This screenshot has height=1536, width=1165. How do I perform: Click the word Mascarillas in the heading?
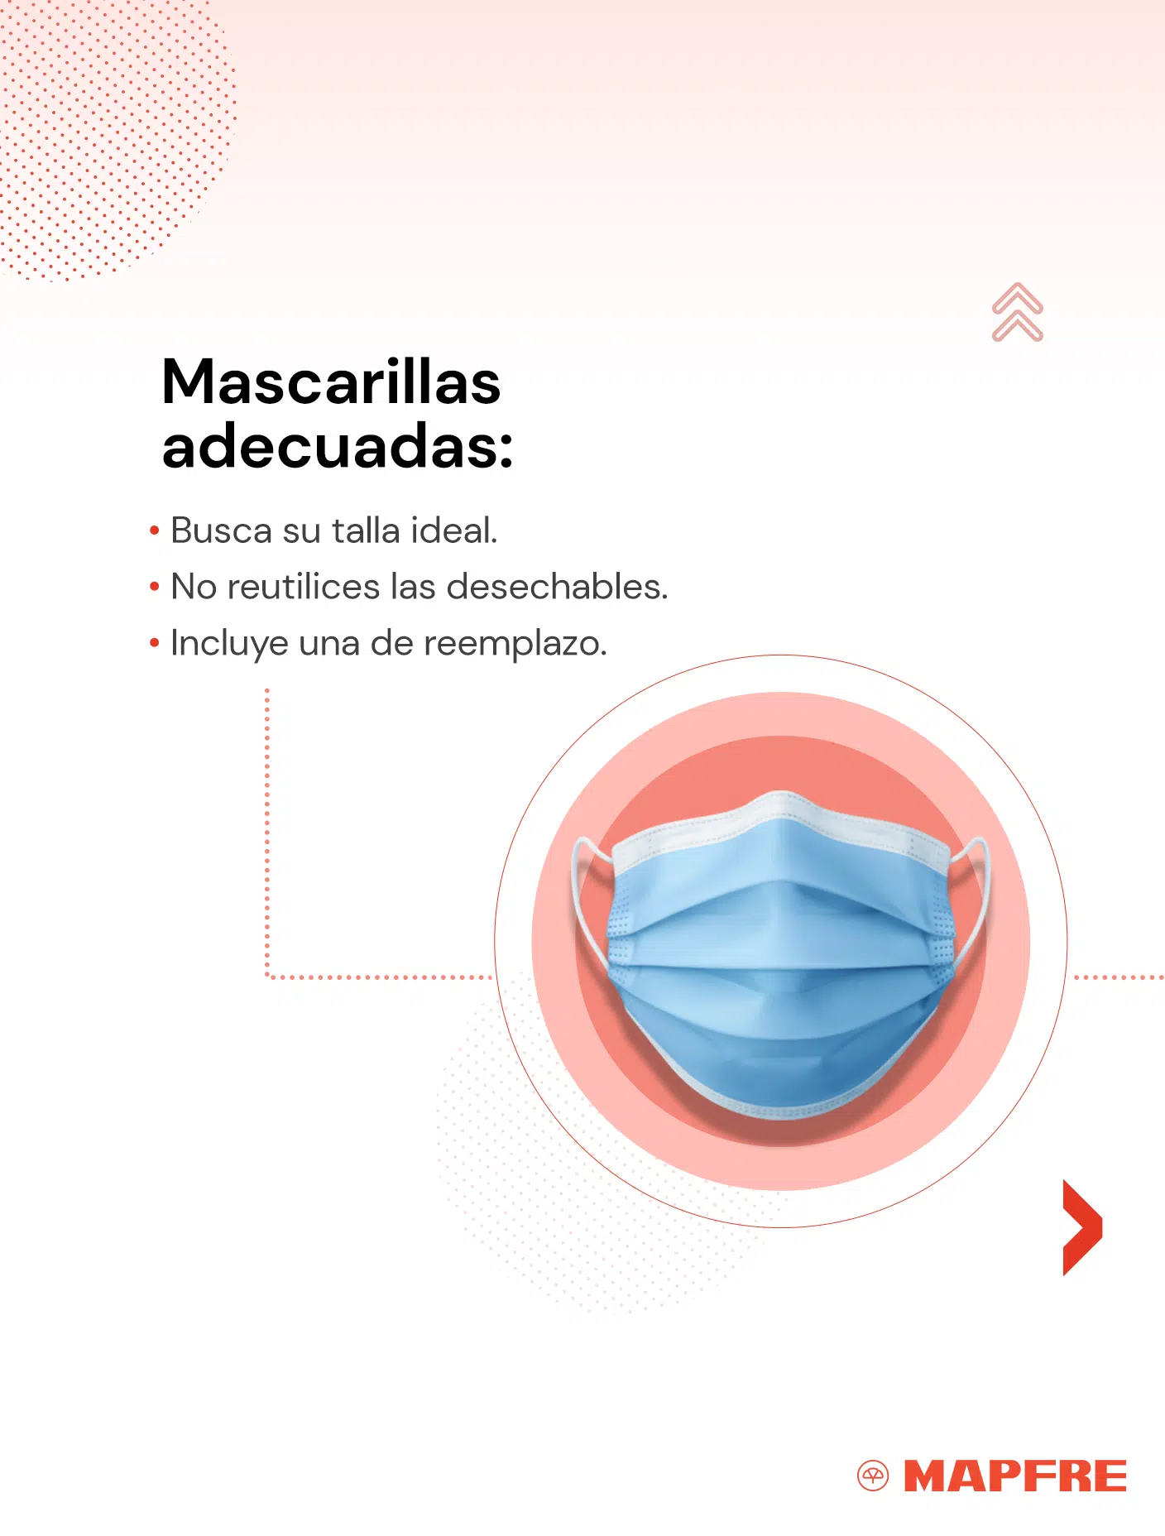click(331, 382)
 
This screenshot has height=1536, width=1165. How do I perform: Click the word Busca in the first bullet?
click(221, 530)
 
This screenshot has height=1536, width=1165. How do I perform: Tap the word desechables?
click(557, 587)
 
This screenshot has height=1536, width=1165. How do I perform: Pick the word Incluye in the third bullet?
click(229, 644)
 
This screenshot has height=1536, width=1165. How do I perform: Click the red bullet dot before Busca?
click(154, 530)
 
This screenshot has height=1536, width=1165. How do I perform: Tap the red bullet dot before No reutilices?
click(154, 587)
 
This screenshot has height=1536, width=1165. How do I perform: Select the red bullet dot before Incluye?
click(154, 643)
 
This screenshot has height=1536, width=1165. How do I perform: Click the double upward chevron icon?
click(1018, 312)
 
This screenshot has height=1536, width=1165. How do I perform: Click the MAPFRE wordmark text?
click(1015, 1476)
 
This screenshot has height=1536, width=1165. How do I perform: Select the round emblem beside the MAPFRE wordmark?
click(873, 1476)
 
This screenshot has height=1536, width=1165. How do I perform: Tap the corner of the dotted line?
click(267, 977)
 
